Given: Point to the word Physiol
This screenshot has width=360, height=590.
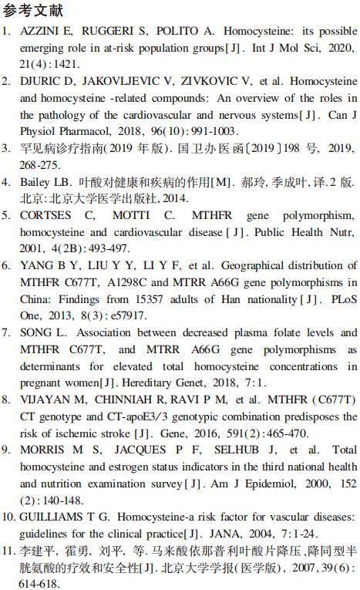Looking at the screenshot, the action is click(x=37, y=131).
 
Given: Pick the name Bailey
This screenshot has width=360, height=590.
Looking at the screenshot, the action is click(x=36, y=183).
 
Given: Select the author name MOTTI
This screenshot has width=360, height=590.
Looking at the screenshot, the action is click(x=132, y=216).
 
